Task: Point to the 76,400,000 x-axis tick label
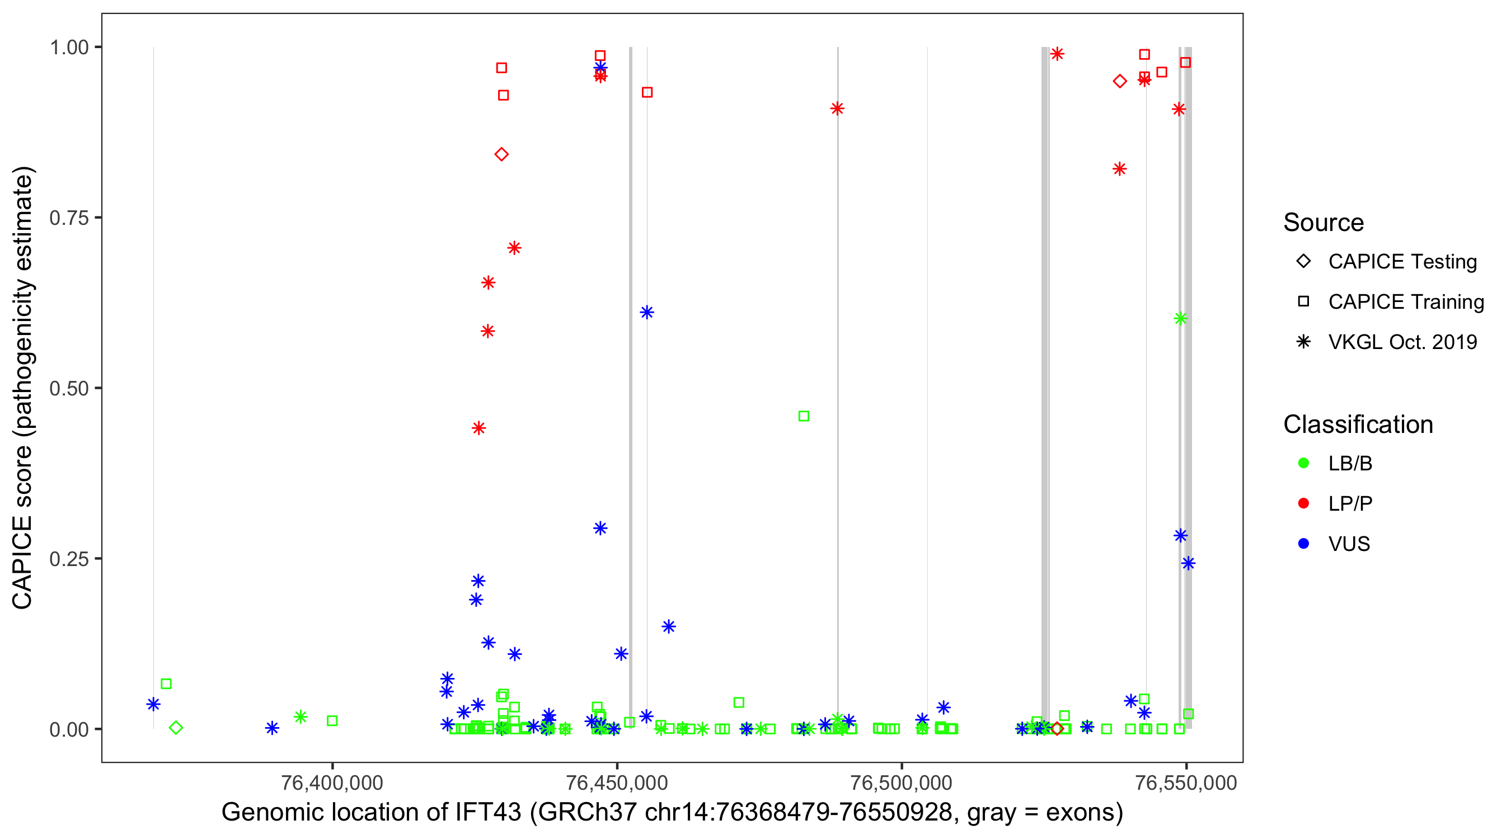click(x=332, y=783)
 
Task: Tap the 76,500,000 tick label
click(x=901, y=783)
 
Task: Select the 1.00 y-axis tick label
click(x=69, y=47)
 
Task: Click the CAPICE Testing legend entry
click(x=1402, y=262)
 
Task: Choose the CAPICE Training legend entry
click(x=1405, y=302)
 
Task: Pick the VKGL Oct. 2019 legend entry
click(x=1402, y=342)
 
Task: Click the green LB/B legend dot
click(x=1303, y=463)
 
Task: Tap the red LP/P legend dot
click(x=1303, y=503)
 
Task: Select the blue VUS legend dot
click(x=1303, y=544)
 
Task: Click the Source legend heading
click(x=1324, y=223)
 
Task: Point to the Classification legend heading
click(x=1357, y=425)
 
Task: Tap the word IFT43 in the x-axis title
click(x=488, y=812)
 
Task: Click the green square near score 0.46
click(x=804, y=416)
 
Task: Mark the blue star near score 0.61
click(x=646, y=312)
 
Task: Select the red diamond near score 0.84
click(x=501, y=154)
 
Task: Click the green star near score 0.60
click(x=1180, y=318)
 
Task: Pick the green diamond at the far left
click(x=175, y=728)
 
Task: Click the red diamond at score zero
click(x=1057, y=729)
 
